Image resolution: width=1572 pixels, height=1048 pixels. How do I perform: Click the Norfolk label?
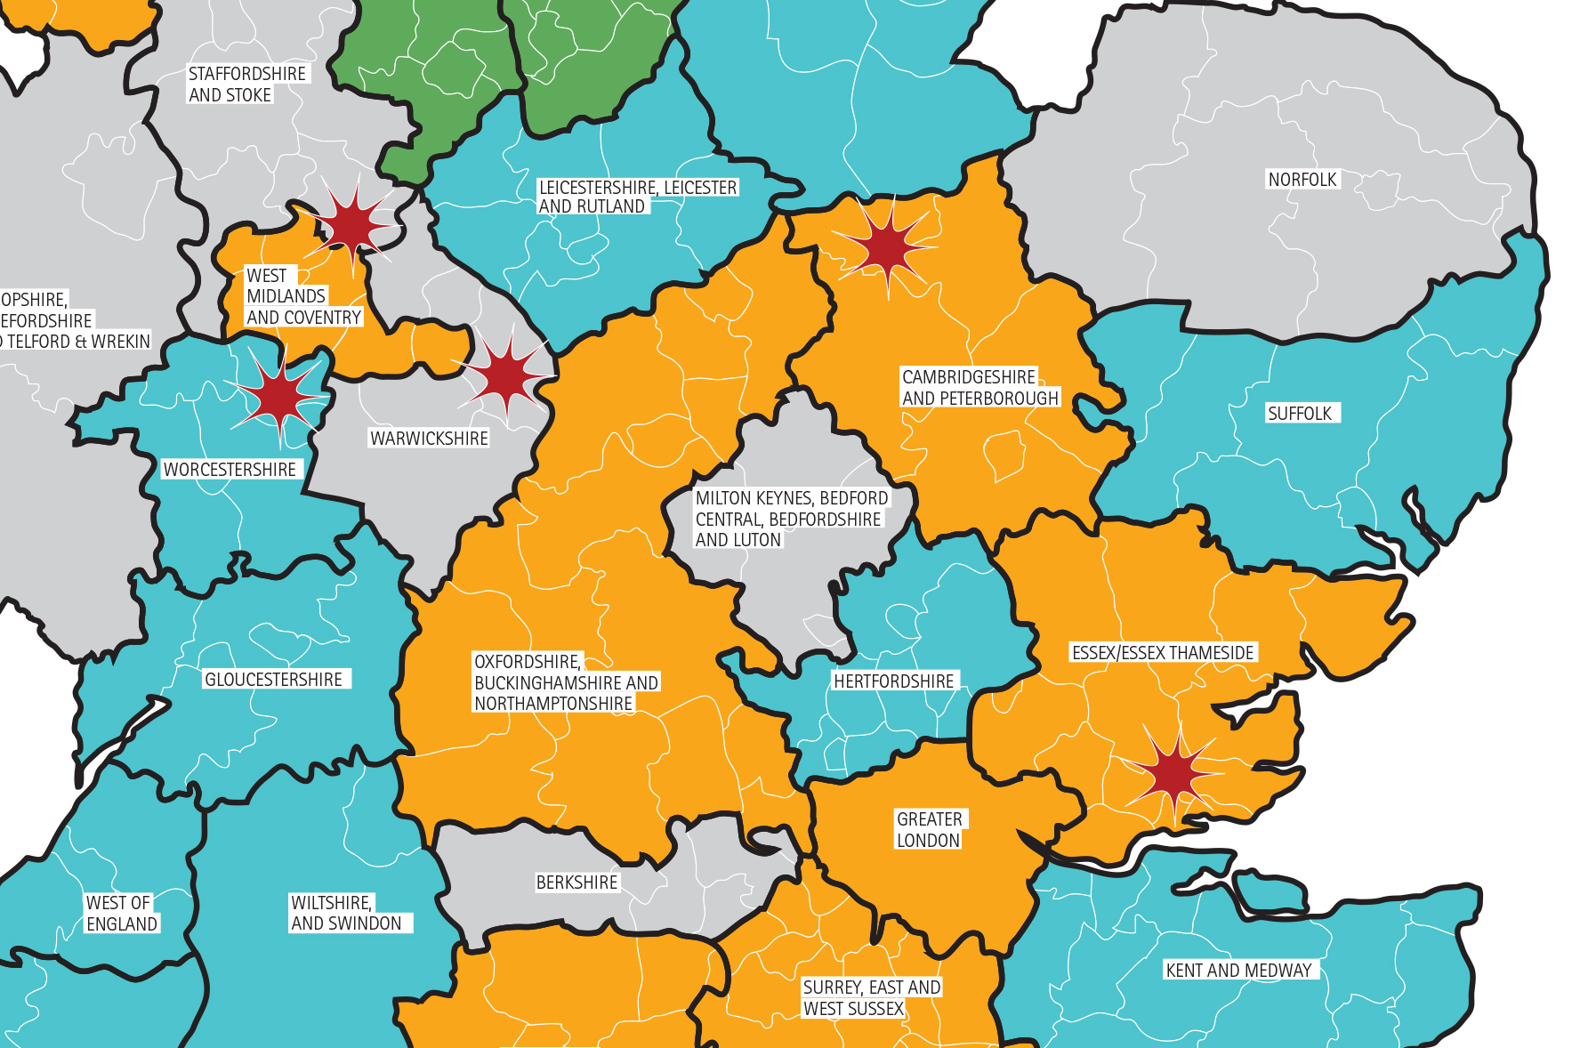[x=1302, y=180]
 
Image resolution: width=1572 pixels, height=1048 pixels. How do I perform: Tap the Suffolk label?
[x=1300, y=414]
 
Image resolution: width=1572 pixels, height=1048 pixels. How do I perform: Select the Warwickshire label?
[x=429, y=439]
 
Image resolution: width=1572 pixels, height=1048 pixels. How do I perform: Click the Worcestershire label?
[x=230, y=470]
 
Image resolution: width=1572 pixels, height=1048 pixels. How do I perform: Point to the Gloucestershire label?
[x=273, y=680]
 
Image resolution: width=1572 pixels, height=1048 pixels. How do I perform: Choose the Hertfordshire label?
[x=893, y=681]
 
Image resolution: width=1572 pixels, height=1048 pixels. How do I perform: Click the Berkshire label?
[x=576, y=883]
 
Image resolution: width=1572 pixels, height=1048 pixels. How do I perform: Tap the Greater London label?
[x=929, y=830]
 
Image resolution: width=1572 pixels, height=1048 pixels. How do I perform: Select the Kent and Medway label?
[x=1238, y=971]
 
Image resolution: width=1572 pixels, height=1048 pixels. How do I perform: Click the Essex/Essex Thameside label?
[x=1163, y=653]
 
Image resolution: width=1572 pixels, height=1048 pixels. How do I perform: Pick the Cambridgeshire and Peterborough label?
[x=979, y=388]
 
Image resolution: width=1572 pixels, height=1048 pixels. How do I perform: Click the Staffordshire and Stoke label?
[x=246, y=85]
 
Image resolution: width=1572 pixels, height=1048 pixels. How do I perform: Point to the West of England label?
[x=121, y=914]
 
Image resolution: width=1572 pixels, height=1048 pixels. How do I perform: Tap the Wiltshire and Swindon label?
[x=346, y=914]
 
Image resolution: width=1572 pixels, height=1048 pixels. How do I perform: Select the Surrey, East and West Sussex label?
[x=871, y=998]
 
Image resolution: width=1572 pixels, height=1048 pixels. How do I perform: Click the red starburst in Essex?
[x=1175, y=775]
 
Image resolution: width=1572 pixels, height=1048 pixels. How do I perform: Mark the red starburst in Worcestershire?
[x=279, y=395]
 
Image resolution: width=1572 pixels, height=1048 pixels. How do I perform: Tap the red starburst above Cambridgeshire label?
[x=886, y=247]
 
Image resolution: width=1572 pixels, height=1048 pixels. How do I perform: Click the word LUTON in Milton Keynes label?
[x=755, y=540]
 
